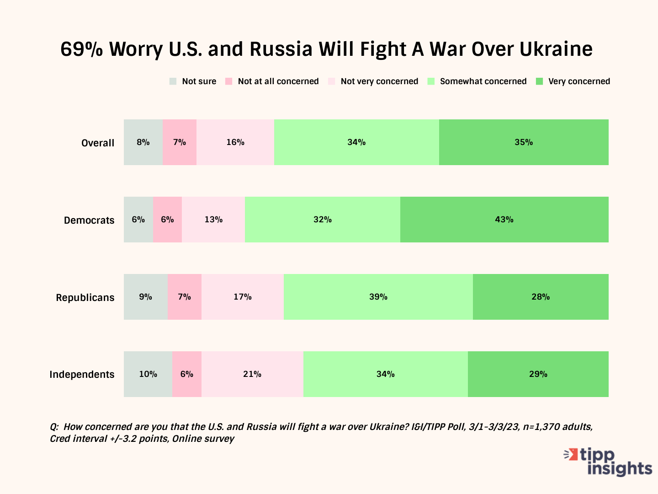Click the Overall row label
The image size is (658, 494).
(x=98, y=143)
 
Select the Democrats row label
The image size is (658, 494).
(x=89, y=220)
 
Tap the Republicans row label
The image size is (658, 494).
(x=85, y=297)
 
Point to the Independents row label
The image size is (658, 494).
(x=82, y=374)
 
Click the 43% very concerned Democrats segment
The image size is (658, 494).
(x=504, y=220)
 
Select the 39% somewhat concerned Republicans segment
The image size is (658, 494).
(x=378, y=297)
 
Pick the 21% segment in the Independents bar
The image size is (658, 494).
(x=252, y=374)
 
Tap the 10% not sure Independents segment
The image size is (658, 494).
(x=148, y=374)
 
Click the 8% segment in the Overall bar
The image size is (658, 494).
(x=143, y=142)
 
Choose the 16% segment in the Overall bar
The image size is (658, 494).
(x=235, y=142)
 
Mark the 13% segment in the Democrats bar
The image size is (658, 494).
(x=213, y=220)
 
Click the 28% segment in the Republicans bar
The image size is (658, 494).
(x=541, y=297)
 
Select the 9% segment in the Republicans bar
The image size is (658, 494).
(x=145, y=297)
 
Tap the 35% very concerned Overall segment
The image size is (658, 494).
(x=524, y=142)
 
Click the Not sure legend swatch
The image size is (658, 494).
(x=173, y=81)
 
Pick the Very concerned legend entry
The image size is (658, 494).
(x=573, y=81)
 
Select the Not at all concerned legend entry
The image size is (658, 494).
(x=272, y=81)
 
